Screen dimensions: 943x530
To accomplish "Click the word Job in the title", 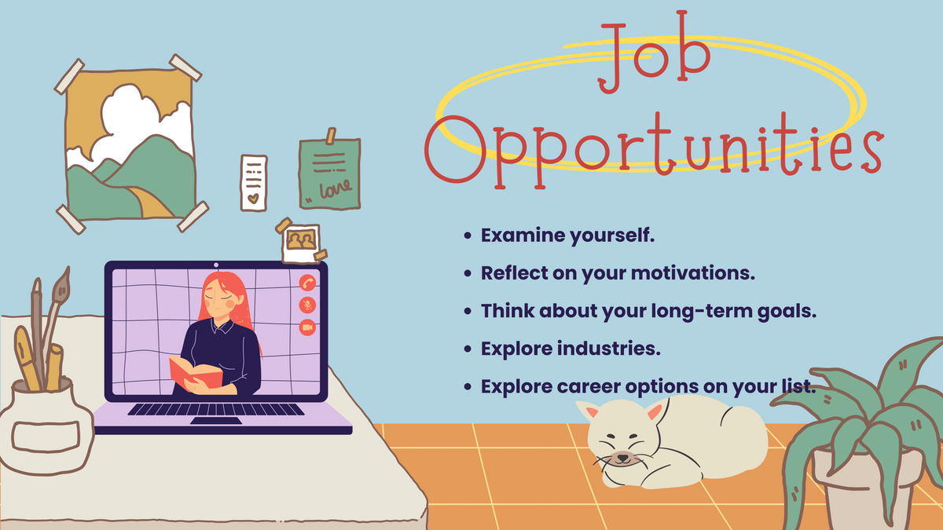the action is coord(655,53).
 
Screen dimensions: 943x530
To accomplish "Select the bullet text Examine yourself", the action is coord(567,236).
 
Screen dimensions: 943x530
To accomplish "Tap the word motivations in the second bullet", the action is coord(693,272).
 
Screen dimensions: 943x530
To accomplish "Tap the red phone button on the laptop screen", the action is coord(307,283).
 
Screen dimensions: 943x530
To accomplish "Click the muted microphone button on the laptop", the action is coord(307,305).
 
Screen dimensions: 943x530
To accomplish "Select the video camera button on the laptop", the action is coord(307,327).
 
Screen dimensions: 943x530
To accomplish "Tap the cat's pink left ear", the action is coord(592,411).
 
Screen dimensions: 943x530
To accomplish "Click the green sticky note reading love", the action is coord(329,173).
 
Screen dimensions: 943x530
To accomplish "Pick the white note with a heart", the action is coord(254,183).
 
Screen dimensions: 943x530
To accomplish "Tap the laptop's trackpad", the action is coord(216,421).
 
